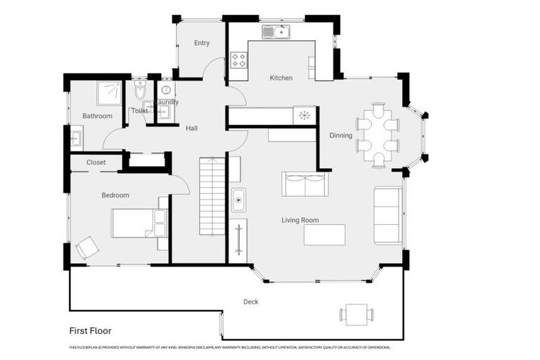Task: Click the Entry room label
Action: click(202, 43)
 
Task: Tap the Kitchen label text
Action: click(281, 78)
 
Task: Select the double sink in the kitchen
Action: click(276, 32)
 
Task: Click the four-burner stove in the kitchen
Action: click(238, 60)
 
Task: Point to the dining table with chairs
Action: click(378, 136)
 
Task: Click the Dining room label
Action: click(341, 136)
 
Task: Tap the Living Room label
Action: click(300, 220)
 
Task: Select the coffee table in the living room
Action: click(324, 234)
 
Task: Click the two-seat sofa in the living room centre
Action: click(304, 184)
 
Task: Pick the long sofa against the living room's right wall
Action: click(387, 215)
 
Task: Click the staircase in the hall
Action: click(212, 196)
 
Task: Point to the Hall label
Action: click(191, 129)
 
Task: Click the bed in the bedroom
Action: click(139, 223)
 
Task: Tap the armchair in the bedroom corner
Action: click(87, 247)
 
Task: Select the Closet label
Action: click(96, 162)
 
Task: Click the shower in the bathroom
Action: click(109, 93)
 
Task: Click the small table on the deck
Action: click(356, 314)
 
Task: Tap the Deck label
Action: click(251, 302)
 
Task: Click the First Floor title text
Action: click(90, 330)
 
